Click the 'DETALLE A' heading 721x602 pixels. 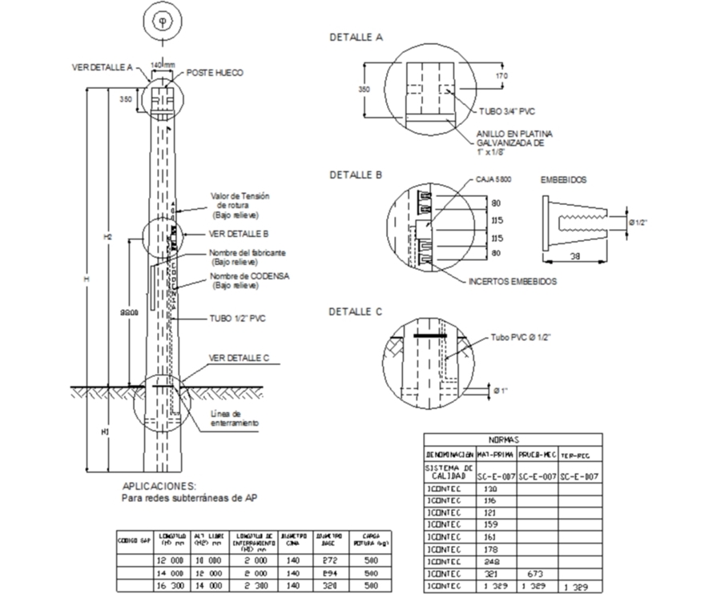[356, 37]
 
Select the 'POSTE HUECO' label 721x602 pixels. [215, 73]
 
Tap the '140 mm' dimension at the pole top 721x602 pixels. [163, 64]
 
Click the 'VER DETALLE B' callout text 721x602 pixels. [237, 234]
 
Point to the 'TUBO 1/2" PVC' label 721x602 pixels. [238, 318]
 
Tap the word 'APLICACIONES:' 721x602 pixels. [159, 486]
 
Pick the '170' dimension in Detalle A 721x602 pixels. [502, 77]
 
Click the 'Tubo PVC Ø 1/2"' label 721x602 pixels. [520, 338]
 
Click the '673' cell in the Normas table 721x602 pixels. [534, 574]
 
